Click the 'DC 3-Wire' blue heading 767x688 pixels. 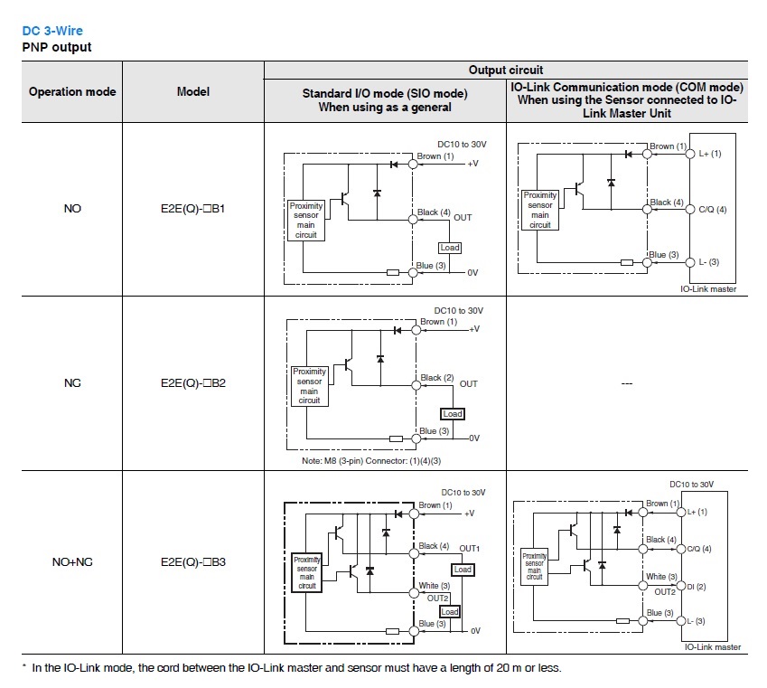(52, 31)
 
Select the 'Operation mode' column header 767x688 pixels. (72, 91)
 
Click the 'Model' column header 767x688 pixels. (193, 91)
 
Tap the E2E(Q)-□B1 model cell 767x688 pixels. (192, 209)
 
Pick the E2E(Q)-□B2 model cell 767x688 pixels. (192, 383)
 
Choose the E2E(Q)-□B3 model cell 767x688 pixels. (192, 561)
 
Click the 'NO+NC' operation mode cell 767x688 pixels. (72, 561)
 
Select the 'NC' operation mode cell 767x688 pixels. (72, 383)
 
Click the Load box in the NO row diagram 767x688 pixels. (450, 248)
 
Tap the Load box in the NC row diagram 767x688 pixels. (453, 414)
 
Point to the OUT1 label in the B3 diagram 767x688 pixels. (469, 549)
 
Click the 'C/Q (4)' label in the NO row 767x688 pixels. (712, 210)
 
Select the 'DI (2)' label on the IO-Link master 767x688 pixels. (696, 587)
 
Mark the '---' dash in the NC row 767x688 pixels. (627, 383)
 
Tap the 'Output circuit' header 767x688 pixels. (506, 70)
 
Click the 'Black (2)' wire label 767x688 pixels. (437, 378)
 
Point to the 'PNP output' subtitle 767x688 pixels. (57, 47)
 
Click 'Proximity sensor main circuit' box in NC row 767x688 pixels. (309, 386)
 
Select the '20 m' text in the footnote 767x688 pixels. (509, 668)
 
